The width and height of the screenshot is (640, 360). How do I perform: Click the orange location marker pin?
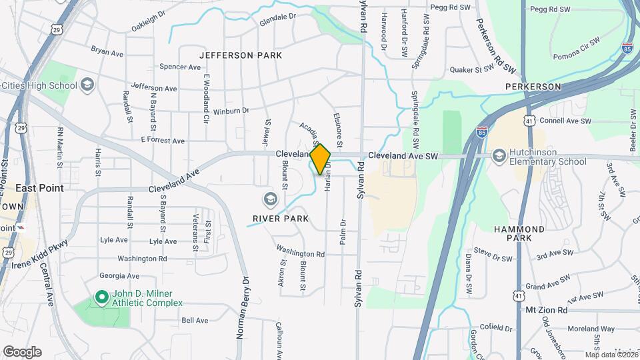(320, 159)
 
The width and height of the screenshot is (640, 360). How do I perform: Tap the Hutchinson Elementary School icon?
(499, 155)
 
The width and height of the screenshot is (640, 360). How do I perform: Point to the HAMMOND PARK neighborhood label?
(519, 233)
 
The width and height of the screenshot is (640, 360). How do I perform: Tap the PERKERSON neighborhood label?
(533, 87)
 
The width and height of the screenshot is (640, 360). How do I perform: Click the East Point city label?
(40, 188)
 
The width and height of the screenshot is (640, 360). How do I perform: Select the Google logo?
(22, 352)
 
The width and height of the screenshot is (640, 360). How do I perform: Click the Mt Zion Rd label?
(546, 310)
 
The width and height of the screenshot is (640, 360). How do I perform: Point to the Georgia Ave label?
(119, 275)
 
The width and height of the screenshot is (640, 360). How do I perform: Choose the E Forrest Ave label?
(163, 141)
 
